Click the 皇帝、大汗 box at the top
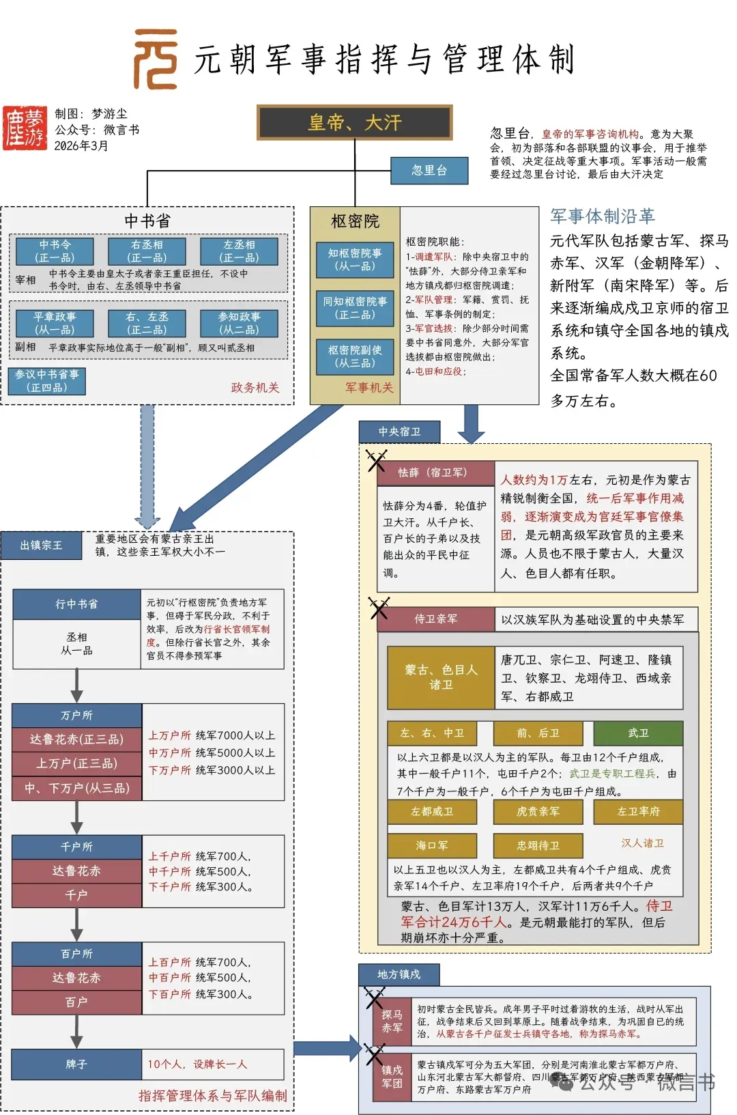tap(354, 123)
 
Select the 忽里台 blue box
tap(429, 171)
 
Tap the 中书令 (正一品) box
tap(55, 251)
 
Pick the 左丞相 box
tap(239, 251)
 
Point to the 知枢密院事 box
tap(355, 259)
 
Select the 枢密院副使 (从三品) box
tap(355, 356)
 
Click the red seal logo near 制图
tap(25, 128)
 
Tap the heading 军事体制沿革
tap(603, 216)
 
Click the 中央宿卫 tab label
tap(399, 432)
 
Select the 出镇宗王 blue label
tap(41, 545)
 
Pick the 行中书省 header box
tap(76, 604)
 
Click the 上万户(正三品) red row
tap(76, 763)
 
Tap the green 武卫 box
tap(638, 733)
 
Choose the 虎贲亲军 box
tap(538, 812)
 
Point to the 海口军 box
tap(432, 845)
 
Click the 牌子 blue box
tap(76, 1064)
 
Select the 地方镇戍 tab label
tap(399, 974)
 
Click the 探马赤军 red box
tap(392, 1021)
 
